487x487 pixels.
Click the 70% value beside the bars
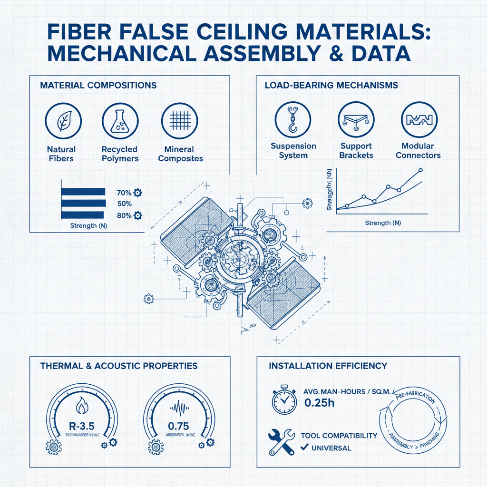pos(124,193)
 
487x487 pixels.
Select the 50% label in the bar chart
pos(124,204)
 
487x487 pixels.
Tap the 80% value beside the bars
pos(124,215)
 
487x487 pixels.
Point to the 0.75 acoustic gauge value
pos(178,425)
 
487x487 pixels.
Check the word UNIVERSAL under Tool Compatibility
pos(331,448)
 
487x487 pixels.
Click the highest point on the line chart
pos(420,170)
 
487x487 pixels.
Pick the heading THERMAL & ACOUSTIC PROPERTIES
pos(118,366)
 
